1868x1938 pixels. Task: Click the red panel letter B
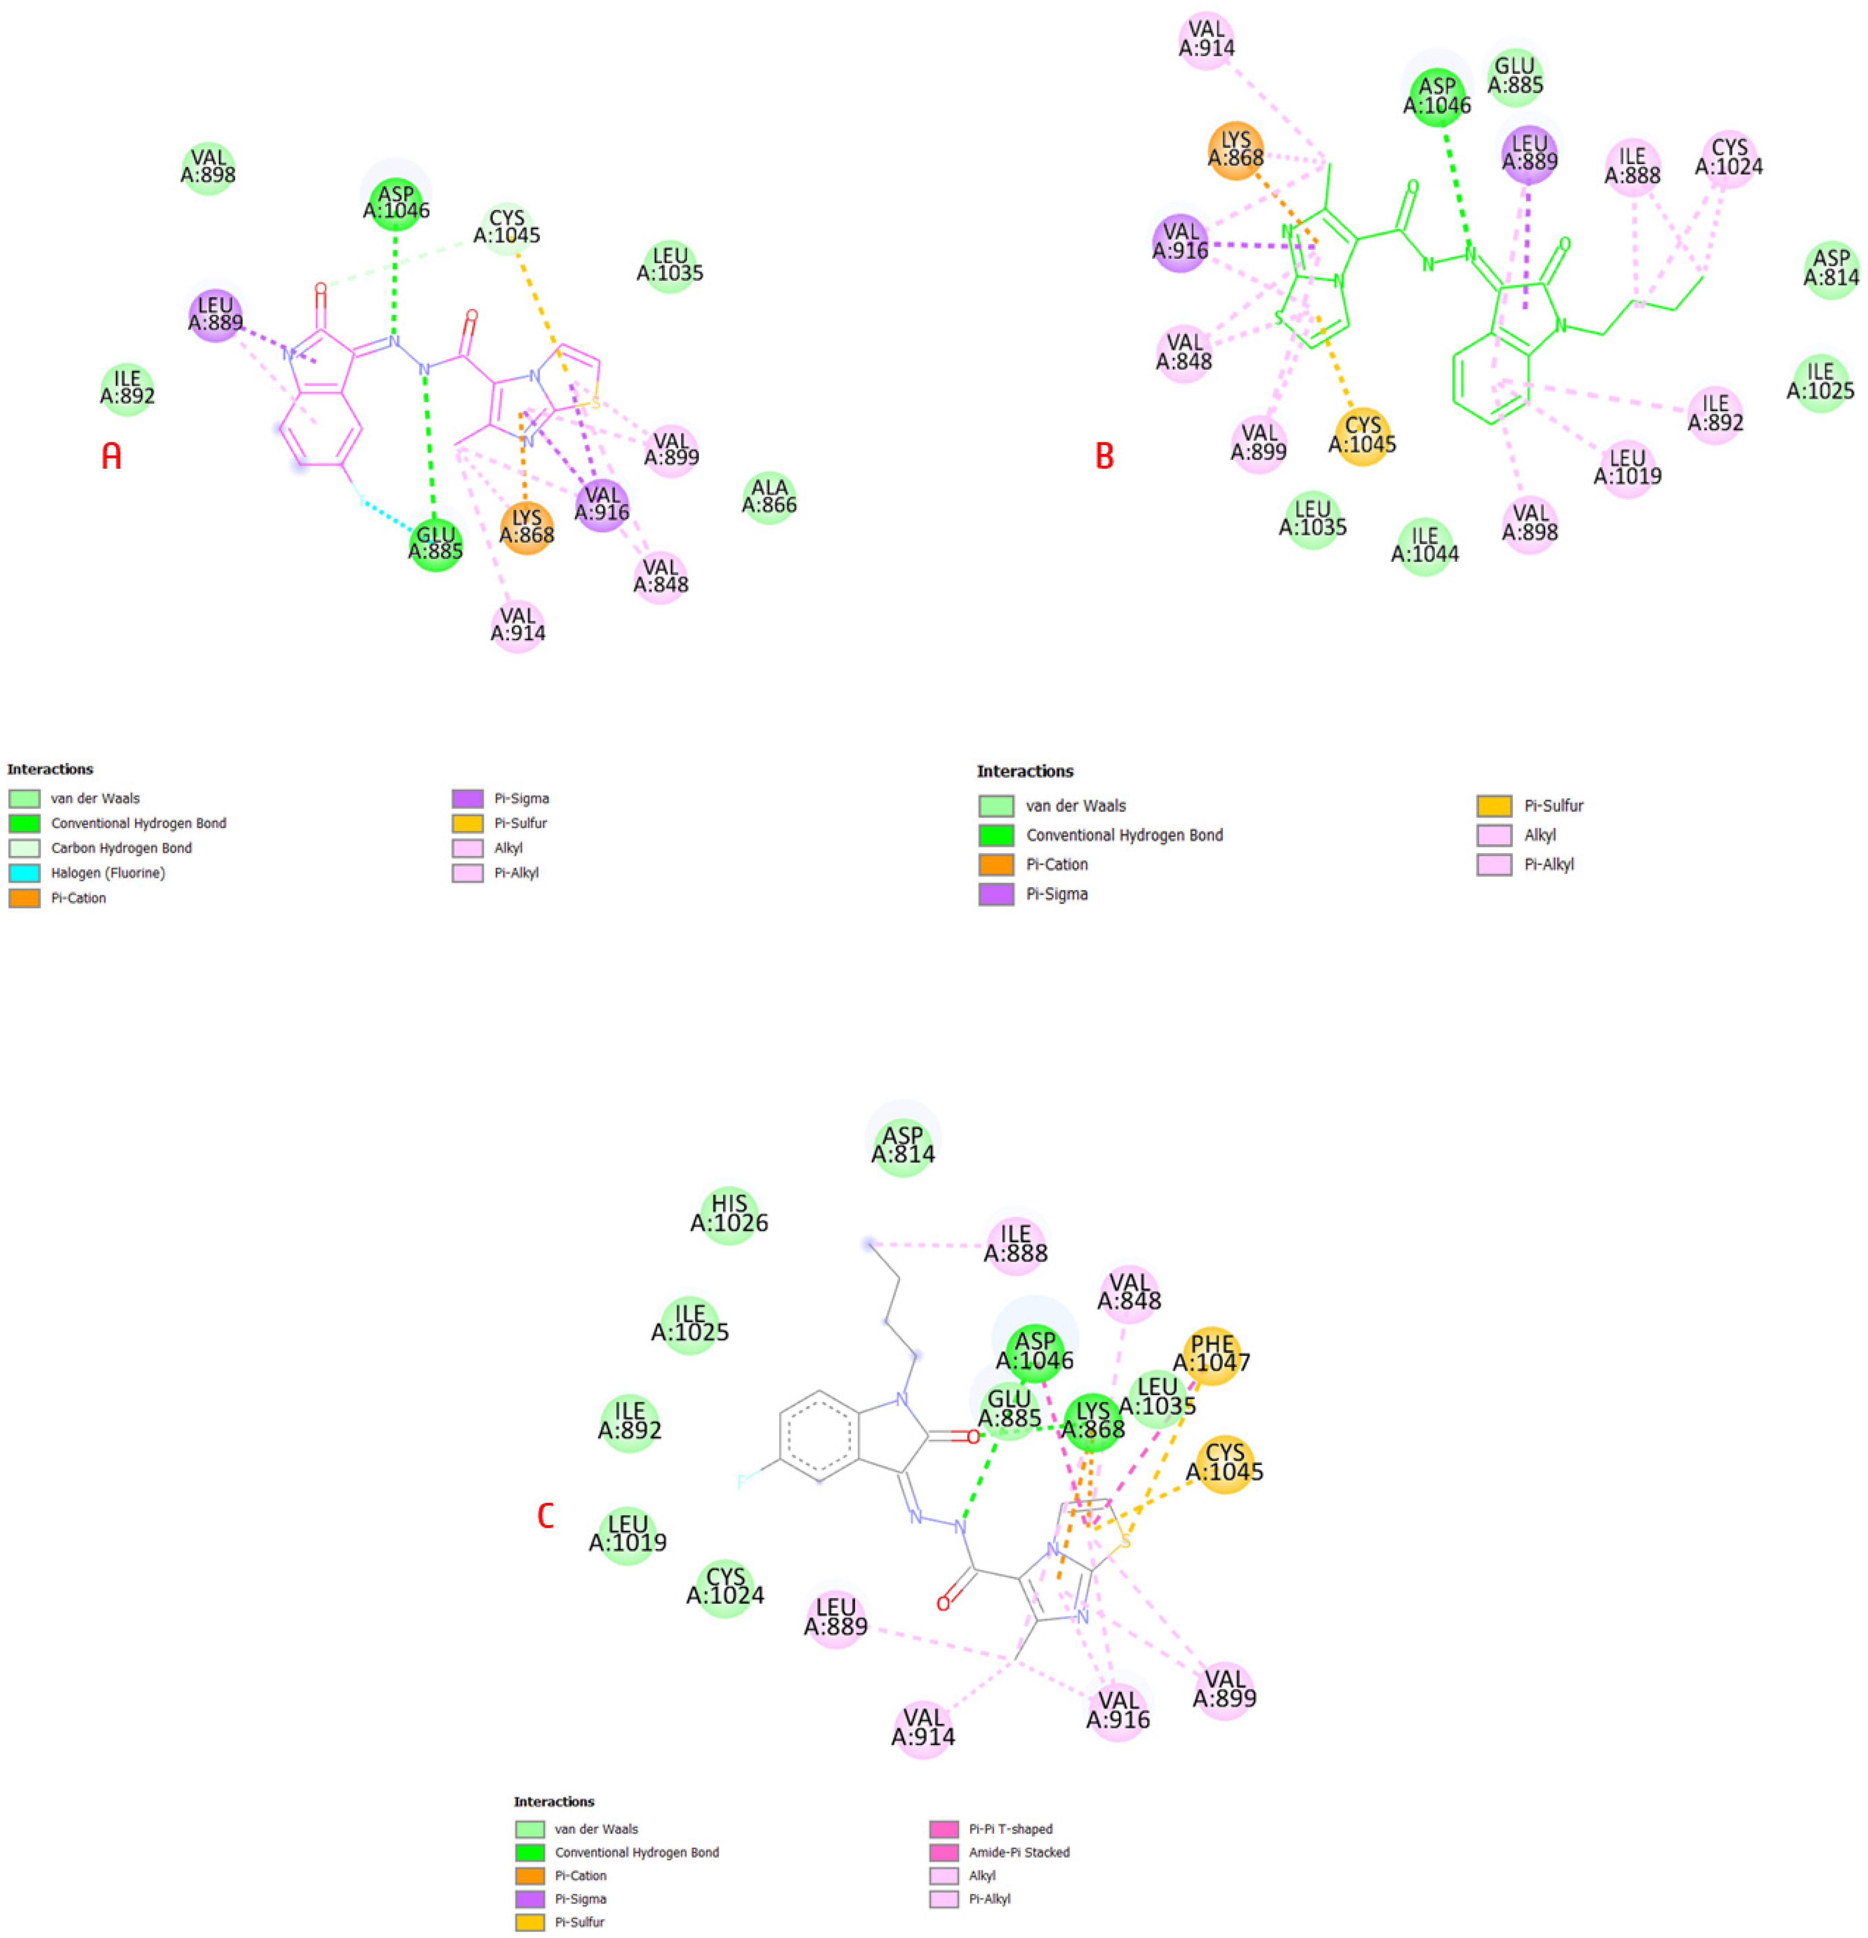pyautogui.click(x=1103, y=456)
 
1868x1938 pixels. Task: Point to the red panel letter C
pyautogui.click(x=545, y=1515)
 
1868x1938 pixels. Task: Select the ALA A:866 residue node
pyautogui.click(x=769, y=496)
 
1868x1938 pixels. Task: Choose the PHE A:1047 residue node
pyautogui.click(x=1211, y=1354)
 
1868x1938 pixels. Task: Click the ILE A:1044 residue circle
pyautogui.click(x=1424, y=545)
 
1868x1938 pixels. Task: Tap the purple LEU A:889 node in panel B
pyautogui.click(x=1529, y=152)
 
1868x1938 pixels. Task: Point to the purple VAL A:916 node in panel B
pyautogui.click(x=1180, y=242)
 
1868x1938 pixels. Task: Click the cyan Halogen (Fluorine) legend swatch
pyautogui.click(x=25, y=873)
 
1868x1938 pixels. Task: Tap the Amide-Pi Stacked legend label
pyautogui.click(x=1019, y=1852)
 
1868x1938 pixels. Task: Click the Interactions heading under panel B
pyautogui.click(x=1025, y=771)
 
